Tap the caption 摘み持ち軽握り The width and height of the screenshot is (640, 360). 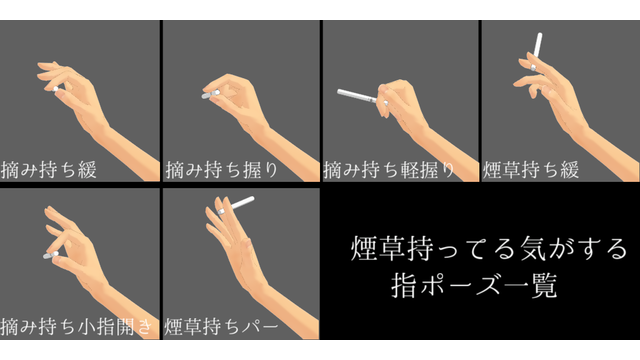[x=390, y=170]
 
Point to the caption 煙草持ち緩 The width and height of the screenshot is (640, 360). [x=531, y=170]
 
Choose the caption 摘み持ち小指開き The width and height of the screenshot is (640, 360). [x=78, y=326]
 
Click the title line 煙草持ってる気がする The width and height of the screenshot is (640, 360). [x=489, y=246]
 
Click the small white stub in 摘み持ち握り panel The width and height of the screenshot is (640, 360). [x=209, y=96]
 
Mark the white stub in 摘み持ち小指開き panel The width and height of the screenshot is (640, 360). [x=49, y=257]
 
